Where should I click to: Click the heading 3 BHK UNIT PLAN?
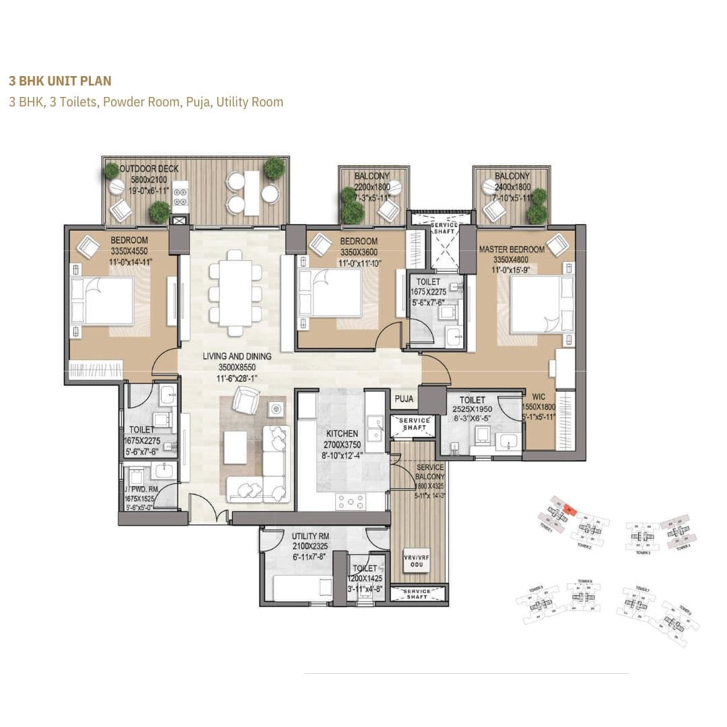click(60, 81)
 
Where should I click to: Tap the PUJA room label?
click(404, 399)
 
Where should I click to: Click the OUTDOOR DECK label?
click(149, 169)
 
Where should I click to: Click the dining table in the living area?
click(235, 292)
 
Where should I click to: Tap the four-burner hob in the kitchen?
click(350, 501)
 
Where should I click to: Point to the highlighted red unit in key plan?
click(567, 510)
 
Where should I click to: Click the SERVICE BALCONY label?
click(429, 467)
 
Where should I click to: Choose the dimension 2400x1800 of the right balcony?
click(512, 187)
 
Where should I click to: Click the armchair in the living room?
click(245, 401)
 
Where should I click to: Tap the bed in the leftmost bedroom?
click(102, 301)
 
